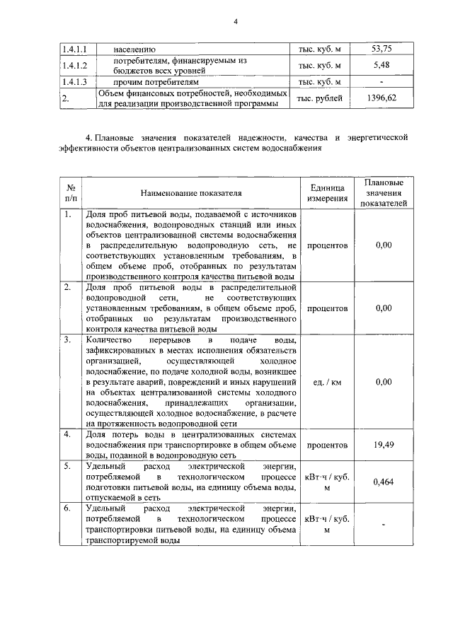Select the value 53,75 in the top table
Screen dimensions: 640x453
(383, 49)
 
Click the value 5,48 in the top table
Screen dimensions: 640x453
(383, 66)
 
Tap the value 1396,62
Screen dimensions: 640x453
(383, 99)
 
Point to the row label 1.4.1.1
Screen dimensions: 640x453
(73, 49)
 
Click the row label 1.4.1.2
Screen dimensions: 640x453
(73, 66)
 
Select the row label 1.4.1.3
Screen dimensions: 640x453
(73, 82)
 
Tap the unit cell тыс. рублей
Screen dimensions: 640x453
(319, 99)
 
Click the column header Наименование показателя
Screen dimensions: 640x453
(190, 192)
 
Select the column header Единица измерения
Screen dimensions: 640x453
(327, 192)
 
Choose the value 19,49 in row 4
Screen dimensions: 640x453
(383, 446)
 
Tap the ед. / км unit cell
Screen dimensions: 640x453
(327, 382)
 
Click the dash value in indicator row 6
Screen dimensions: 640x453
(383, 525)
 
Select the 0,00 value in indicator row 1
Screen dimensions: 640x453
(383, 245)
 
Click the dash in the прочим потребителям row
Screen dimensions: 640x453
(383, 82)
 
